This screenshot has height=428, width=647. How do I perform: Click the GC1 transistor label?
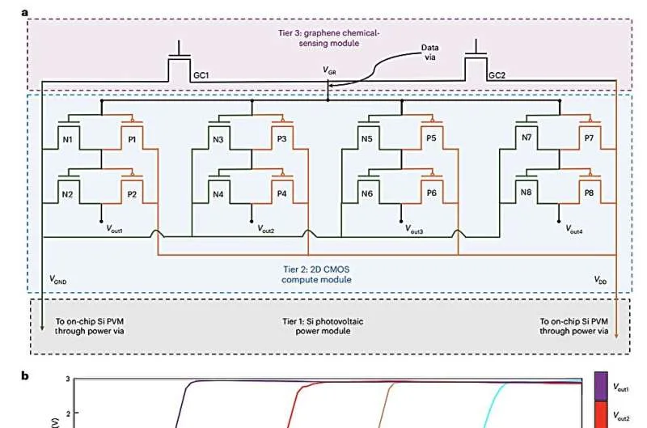tap(201, 75)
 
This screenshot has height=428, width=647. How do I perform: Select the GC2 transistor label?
tap(497, 75)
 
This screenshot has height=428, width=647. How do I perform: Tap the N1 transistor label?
tap(67, 140)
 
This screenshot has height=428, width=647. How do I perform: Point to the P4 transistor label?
tap(281, 193)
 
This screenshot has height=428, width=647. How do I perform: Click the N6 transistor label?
tap(367, 193)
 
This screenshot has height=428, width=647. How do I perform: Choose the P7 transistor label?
tap(589, 138)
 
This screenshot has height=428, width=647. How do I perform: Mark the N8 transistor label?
tap(526, 193)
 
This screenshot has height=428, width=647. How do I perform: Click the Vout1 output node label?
tap(114, 229)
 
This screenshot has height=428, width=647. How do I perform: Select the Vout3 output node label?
tap(414, 230)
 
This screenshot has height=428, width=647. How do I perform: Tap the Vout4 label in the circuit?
tap(574, 230)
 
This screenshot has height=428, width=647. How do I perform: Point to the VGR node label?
tap(329, 71)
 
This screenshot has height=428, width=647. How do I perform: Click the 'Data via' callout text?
tap(430, 53)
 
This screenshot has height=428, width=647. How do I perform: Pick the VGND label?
tap(57, 280)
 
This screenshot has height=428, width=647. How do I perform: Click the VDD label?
tap(600, 280)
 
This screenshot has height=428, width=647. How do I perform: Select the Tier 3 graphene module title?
tap(329, 38)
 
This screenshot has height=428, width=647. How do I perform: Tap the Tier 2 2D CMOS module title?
tap(316, 274)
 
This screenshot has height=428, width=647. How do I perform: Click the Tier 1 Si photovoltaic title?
tap(323, 326)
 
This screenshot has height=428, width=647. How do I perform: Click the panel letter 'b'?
tap(25, 375)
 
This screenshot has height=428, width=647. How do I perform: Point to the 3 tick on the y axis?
tap(68, 379)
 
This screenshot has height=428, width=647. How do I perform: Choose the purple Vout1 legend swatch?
tap(601, 387)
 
